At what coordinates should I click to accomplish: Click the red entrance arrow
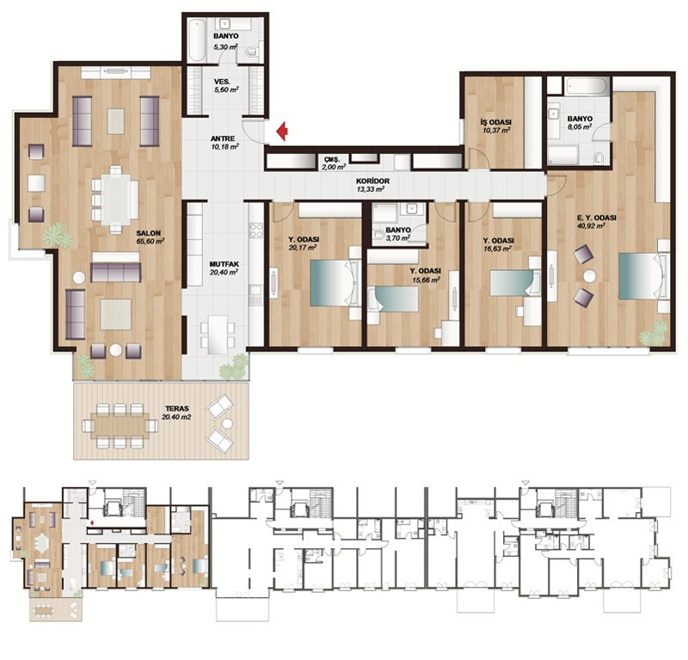tap(282, 131)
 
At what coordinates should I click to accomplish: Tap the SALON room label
tap(148, 233)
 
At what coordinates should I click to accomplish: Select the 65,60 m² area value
tap(150, 241)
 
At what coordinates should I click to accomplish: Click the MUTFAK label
tap(224, 264)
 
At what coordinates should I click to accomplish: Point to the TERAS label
tap(177, 409)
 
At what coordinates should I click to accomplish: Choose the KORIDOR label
tap(372, 181)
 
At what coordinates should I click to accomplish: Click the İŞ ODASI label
tap(496, 122)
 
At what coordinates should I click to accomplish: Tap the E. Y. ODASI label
tap(596, 218)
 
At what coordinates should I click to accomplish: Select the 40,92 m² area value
tap(591, 226)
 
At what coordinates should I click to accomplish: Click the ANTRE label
tap(223, 139)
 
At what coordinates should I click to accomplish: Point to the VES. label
tap(223, 82)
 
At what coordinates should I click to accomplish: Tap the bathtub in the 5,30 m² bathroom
tap(198, 40)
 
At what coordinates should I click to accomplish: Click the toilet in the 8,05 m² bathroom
tap(599, 157)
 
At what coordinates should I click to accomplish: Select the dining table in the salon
tap(115, 200)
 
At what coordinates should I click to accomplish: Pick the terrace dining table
tap(120, 425)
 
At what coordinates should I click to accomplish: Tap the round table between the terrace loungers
tap(227, 423)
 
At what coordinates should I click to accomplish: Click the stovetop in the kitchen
tap(256, 230)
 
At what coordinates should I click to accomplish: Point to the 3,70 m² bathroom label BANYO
tap(398, 230)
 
